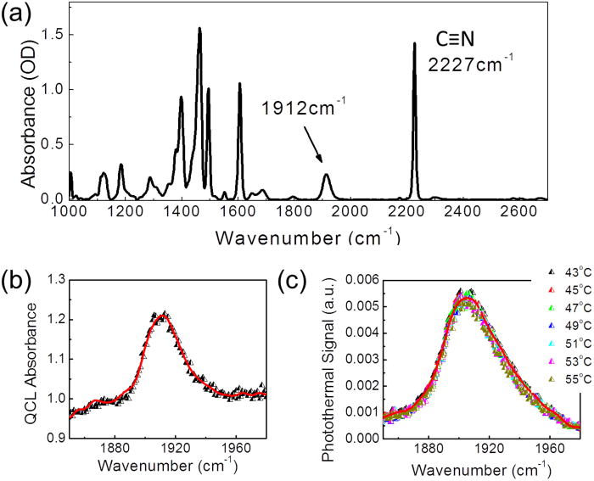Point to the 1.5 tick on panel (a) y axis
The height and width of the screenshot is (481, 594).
point(55,35)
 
